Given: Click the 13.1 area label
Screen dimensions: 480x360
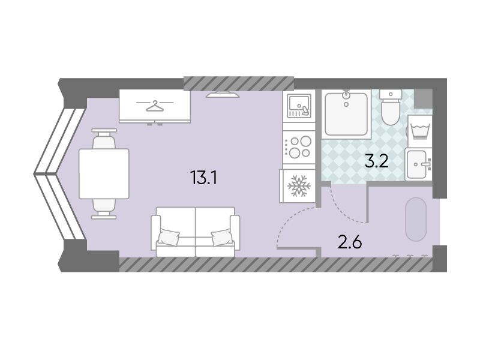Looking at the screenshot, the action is point(203,178).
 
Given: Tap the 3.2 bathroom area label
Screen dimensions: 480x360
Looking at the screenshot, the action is point(377,161).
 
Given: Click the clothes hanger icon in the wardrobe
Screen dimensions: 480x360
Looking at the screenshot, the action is point(155,106).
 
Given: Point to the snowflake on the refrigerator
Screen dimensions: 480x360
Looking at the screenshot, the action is point(299,185).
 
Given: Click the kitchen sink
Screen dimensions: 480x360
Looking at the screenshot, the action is point(299,106).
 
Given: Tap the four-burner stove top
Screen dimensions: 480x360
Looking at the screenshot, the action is point(299,147).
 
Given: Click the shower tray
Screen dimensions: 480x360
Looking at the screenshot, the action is point(346,114).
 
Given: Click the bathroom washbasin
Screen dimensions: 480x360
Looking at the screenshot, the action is point(418,164).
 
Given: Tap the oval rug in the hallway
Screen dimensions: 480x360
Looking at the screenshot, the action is point(415,219).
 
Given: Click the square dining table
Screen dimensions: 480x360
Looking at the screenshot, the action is point(104,173).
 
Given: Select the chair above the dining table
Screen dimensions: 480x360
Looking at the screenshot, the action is point(104,139).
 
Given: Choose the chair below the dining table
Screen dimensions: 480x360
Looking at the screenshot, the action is point(104,209).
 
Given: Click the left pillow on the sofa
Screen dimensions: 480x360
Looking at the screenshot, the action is point(169,236).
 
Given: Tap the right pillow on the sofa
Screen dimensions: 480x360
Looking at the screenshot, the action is point(222,237).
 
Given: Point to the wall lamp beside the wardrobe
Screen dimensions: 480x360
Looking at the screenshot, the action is point(222,95).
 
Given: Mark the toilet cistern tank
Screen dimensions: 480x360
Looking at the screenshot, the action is point(391,94).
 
